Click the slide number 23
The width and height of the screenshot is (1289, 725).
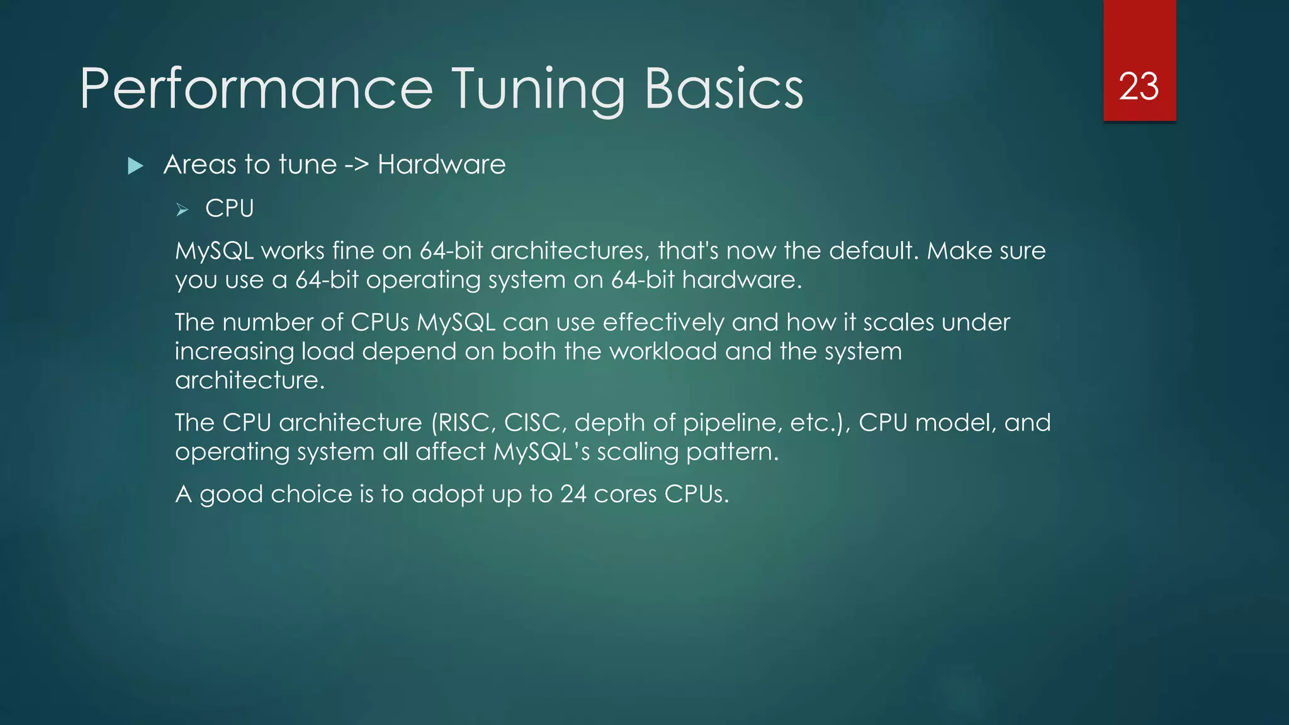click(x=1139, y=86)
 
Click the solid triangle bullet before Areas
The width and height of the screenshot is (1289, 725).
click(x=135, y=166)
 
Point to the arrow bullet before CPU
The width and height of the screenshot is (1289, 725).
click(x=183, y=210)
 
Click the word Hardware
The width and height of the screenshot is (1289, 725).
click(x=441, y=165)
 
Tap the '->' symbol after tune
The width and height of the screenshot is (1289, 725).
click(x=356, y=166)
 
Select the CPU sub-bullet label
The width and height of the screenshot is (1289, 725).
click(x=229, y=208)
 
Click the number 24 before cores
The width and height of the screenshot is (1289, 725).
click(x=573, y=494)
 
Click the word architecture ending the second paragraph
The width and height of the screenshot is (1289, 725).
click(x=249, y=381)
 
